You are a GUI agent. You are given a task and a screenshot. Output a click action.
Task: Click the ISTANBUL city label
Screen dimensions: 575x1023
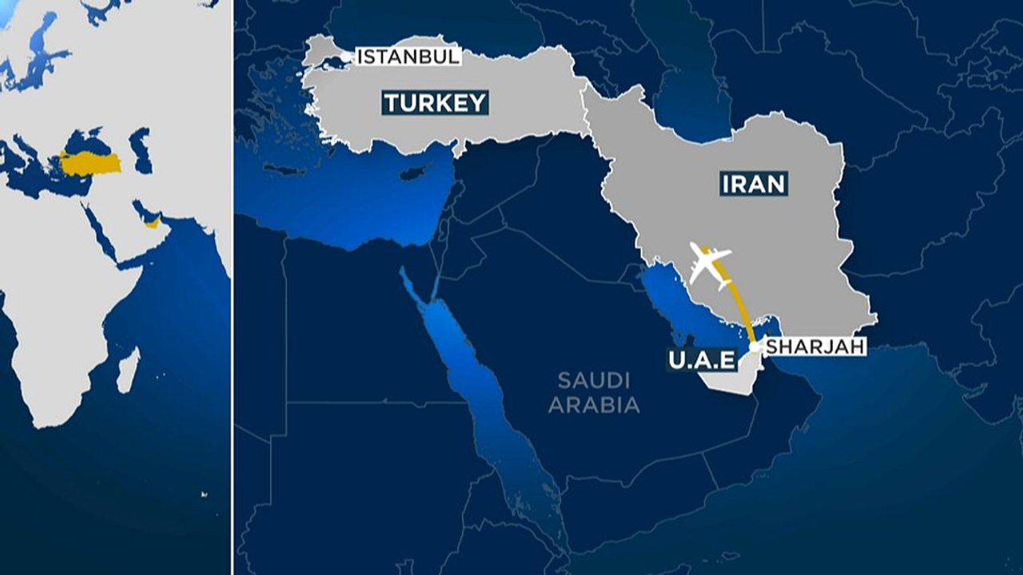tap(408, 57)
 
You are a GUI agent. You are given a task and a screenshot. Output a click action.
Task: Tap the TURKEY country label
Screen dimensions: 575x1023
tap(435, 103)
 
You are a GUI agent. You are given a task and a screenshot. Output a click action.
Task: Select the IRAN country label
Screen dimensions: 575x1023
tap(754, 184)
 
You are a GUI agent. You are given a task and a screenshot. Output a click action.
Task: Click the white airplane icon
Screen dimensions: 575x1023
tap(708, 264)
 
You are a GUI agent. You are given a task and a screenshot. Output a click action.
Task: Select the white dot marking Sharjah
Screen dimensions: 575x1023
tap(754, 348)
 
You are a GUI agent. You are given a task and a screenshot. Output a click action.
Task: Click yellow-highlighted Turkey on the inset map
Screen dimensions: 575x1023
tap(90, 164)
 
